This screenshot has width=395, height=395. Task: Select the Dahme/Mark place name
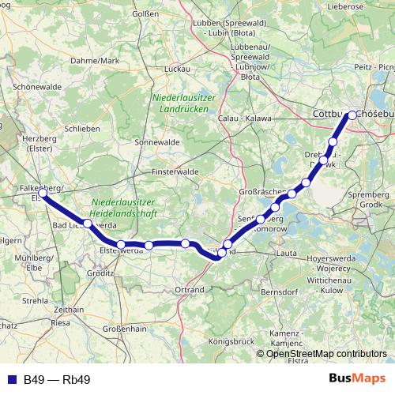95,60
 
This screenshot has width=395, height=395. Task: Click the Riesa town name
60,322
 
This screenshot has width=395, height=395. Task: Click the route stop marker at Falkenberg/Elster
43,192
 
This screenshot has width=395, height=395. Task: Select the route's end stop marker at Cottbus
352,115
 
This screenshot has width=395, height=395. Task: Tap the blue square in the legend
11,380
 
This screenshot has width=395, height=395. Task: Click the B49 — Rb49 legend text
57,380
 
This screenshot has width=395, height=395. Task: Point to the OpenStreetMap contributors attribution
326,354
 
